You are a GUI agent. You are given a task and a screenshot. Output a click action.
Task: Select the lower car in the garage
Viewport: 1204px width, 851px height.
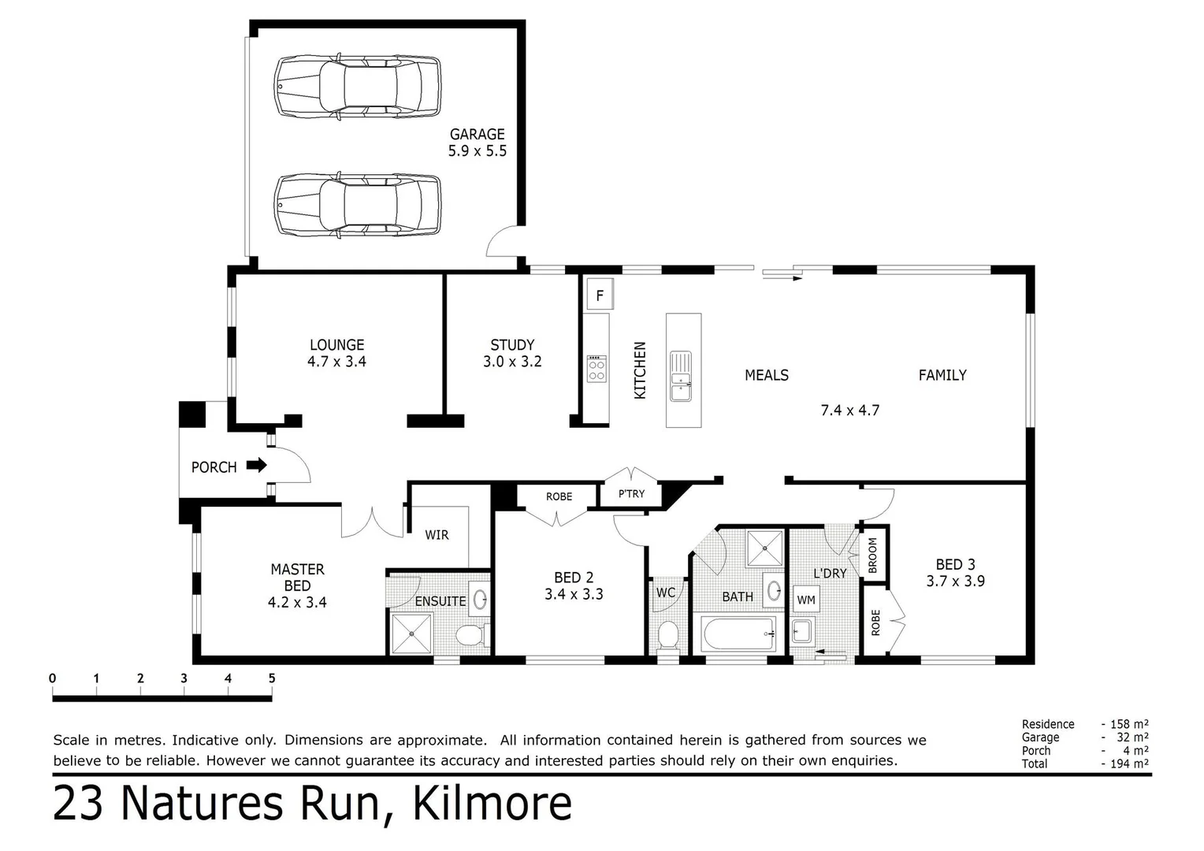(357, 205)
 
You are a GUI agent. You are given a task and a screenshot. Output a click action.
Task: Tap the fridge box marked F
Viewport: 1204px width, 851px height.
(600, 296)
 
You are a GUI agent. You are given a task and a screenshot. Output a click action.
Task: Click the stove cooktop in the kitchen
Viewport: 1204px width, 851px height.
(596, 369)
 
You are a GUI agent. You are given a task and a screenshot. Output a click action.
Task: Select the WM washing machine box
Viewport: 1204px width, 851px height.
(806, 600)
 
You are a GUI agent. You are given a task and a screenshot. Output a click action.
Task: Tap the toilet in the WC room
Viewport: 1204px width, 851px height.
(667, 634)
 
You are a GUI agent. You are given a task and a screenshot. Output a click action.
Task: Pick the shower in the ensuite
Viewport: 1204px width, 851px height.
(411, 633)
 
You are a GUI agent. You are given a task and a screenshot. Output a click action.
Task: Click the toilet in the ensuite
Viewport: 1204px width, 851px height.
(471, 634)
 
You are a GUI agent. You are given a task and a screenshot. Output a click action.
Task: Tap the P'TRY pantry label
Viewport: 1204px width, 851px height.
(631, 494)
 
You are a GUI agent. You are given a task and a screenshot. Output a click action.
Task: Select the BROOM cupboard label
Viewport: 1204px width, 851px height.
(873, 555)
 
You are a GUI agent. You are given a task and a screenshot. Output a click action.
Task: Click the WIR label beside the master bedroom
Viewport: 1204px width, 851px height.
(437, 535)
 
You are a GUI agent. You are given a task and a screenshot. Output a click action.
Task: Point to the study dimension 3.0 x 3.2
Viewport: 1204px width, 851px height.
(512, 362)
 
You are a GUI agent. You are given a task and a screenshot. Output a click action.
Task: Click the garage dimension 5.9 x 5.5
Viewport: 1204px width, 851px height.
(478, 151)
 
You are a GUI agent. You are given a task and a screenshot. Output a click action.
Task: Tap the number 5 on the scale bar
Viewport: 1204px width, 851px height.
(272, 678)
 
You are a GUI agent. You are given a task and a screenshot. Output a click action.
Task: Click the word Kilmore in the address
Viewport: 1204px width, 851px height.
(492, 805)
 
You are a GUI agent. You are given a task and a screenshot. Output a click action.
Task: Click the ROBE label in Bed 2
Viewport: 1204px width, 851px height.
(559, 496)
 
